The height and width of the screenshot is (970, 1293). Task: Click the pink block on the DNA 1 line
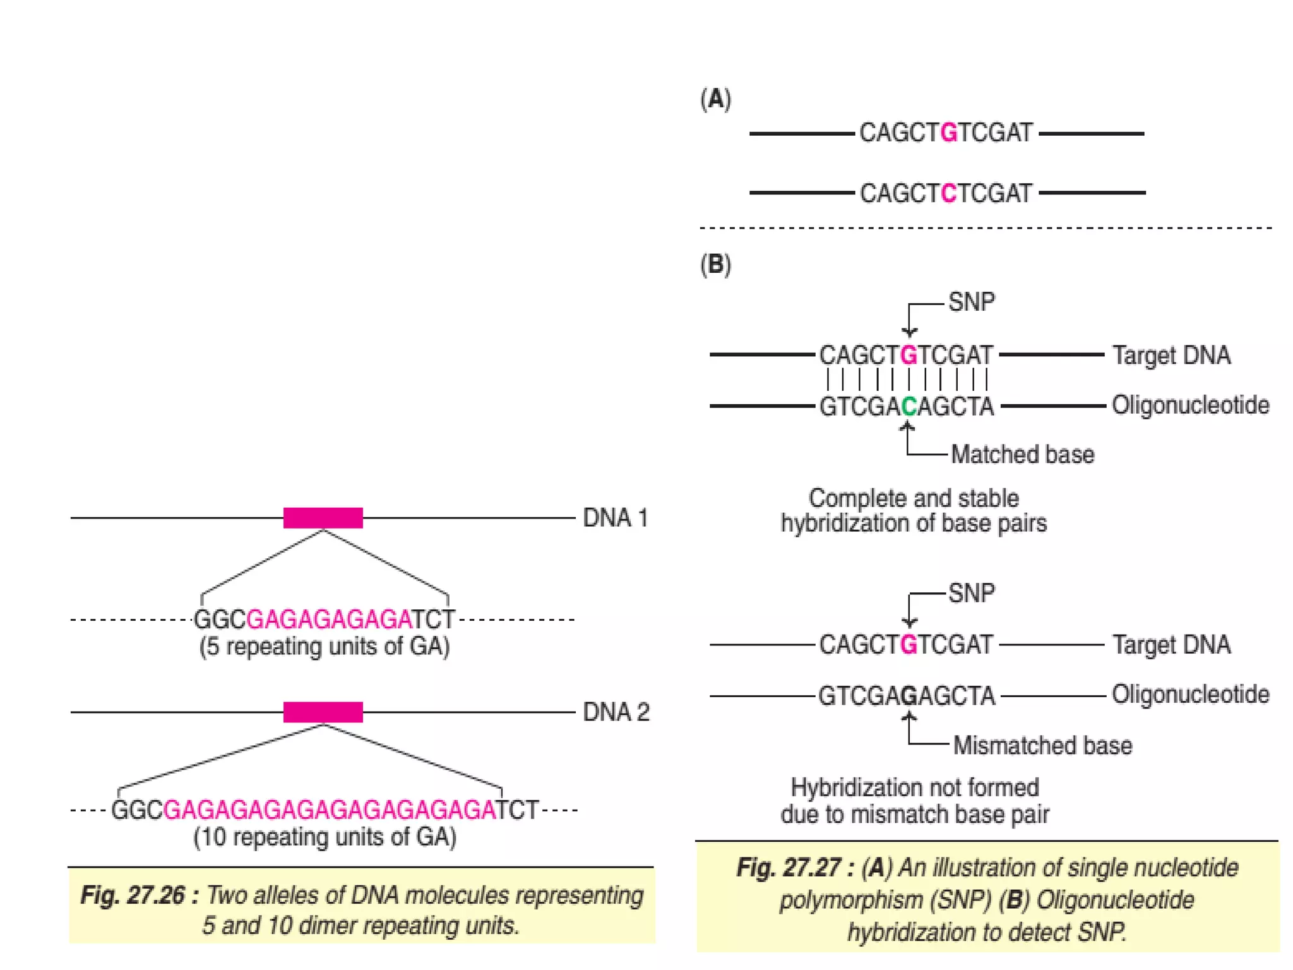tap(323, 518)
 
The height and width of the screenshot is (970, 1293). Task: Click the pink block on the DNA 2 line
tap(323, 712)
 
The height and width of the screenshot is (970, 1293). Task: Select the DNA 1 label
tap(615, 518)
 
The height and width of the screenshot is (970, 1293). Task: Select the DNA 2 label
tap(616, 712)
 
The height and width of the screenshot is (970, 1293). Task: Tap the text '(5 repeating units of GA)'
tap(325, 647)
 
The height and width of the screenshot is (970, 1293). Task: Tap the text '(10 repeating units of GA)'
tap(325, 837)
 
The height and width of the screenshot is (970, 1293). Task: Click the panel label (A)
tap(715, 99)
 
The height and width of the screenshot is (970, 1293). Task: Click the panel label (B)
tap(715, 264)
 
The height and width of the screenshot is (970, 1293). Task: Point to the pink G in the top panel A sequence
tap(948, 133)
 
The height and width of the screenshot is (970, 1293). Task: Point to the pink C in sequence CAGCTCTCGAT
tap(948, 193)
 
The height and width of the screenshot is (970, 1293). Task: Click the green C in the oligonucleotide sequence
tap(909, 407)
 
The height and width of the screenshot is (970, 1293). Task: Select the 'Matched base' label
tap(1022, 455)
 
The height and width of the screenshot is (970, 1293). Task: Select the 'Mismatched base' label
tap(1042, 746)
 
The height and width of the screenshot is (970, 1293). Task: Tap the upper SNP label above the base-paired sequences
tap(971, 302)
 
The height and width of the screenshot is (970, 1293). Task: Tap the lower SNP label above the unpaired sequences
tap(971, 593)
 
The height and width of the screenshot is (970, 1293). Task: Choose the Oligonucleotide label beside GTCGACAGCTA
tap(1190, 405)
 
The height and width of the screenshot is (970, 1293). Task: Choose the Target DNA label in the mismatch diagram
tap(1171, 645)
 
